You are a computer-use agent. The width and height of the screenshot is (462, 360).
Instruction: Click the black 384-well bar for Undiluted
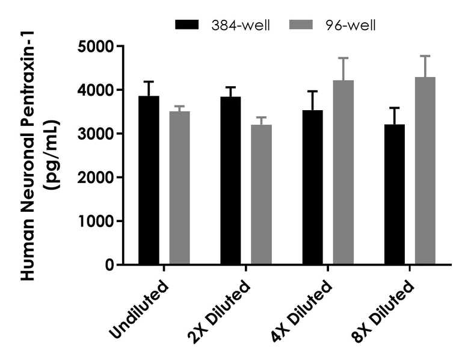click(149, 181)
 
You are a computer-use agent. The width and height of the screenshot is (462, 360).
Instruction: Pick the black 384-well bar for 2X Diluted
click(230, 181)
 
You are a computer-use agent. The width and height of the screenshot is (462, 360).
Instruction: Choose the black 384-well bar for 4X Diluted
click(312, 187)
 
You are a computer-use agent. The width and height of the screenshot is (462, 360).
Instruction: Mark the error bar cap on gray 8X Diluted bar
click(425, 56)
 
